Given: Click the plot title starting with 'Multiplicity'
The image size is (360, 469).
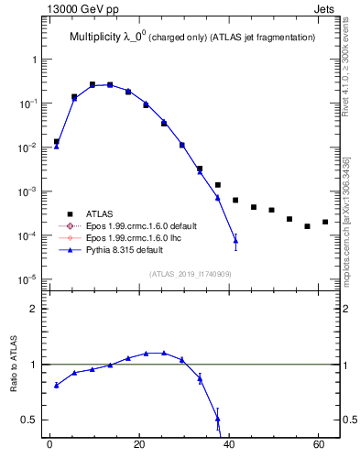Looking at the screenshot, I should (192, 37).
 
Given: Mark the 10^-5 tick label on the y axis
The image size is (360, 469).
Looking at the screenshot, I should (27, 279).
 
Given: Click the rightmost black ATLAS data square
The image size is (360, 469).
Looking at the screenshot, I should (325, 222).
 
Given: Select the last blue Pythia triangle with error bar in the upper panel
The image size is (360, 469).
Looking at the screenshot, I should (235, 241).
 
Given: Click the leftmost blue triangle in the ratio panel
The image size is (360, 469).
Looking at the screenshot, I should (57, 385).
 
